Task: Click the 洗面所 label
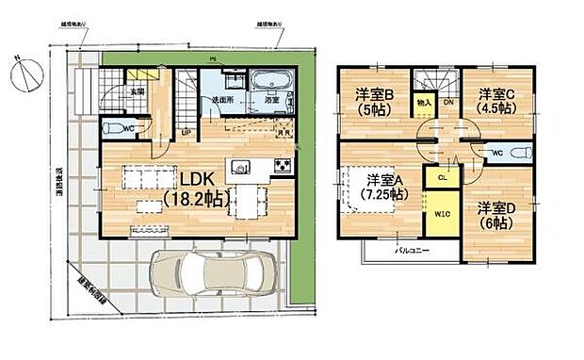pyautogui.click(x=222, y=99)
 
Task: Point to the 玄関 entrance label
pyautogui.click(x=138, y=91)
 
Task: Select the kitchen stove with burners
pyautogui.click(x=283, y=166)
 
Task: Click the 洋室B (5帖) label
pyautogui.click(x=371, y=102)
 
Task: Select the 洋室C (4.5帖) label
pyautogui.click(x=495, y=102)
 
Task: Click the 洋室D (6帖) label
pyautogui.click(x=495, y=215)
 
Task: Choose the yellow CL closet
pyautogui.click(x=441, y=176)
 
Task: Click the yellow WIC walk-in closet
pyautogui.click(x=441, y=214)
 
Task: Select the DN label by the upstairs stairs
pyautogui.click(x=448, y=102)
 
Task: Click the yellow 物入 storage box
pyautogui.click(x=424, y=102)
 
